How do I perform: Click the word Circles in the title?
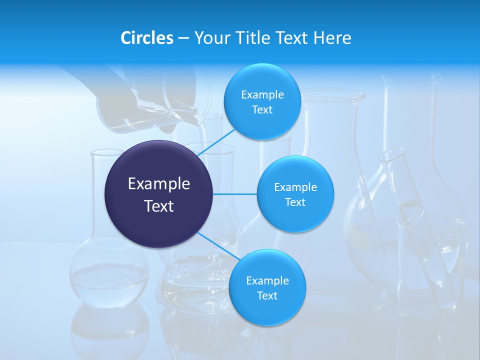click(x=146, y=38)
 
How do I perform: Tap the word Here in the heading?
click(x=332, y=38)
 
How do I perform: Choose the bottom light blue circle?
click(x=267, y=310)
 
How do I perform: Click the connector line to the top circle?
click(x=217, y=141)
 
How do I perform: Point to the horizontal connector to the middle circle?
click(x=235, y=194)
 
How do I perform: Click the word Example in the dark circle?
click(x=158, y=183)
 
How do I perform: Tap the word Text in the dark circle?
click(x=158, y=206)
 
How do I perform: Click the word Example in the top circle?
click(x=262, y=94)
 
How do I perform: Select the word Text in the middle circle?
click(x=295, y=202)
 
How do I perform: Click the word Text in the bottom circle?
click(x=267, y=295)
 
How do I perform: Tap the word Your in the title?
click(x=211, y=38)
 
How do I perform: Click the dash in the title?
click(x=183, y=38)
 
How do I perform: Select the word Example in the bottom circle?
click(x=267, y=280)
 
